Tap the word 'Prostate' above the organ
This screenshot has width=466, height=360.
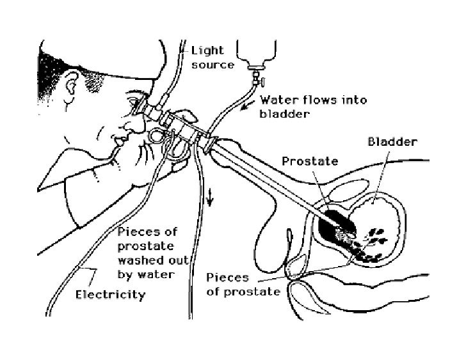[310, 161]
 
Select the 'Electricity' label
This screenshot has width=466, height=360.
[110, 295]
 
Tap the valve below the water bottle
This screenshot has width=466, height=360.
[259, 82]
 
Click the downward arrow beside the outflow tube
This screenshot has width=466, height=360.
[209, 201]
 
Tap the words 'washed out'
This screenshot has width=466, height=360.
[154, 261]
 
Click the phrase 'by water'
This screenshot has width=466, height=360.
[145, 275]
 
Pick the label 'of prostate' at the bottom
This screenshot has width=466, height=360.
[244, 292]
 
